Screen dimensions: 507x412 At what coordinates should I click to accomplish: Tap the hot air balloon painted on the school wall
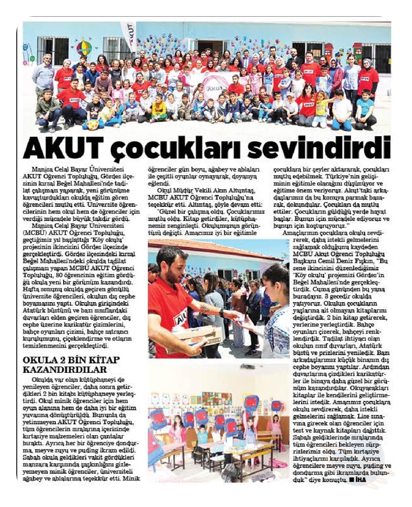pos(84,48)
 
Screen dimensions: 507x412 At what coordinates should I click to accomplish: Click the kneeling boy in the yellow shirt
pos(159,109)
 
